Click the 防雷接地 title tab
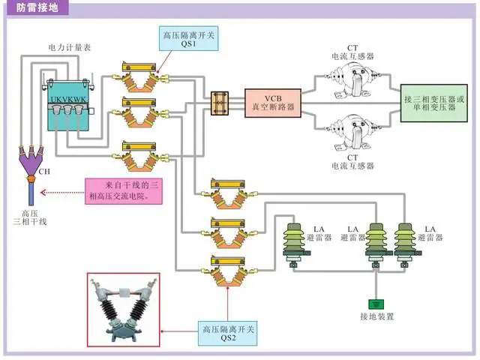point(37,8)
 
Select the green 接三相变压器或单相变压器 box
point(438,102)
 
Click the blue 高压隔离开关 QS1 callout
point(188,38)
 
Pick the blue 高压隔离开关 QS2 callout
point(229,334)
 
